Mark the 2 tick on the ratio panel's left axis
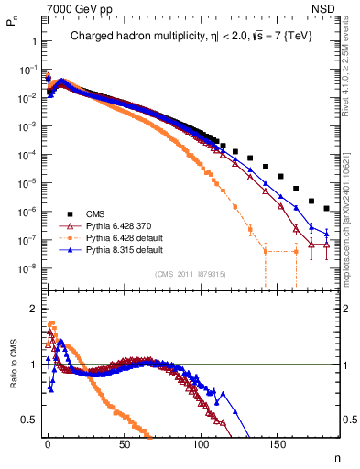click(30, 309)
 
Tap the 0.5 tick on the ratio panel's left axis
click(27, 420)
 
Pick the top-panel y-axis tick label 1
click(32, 41)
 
